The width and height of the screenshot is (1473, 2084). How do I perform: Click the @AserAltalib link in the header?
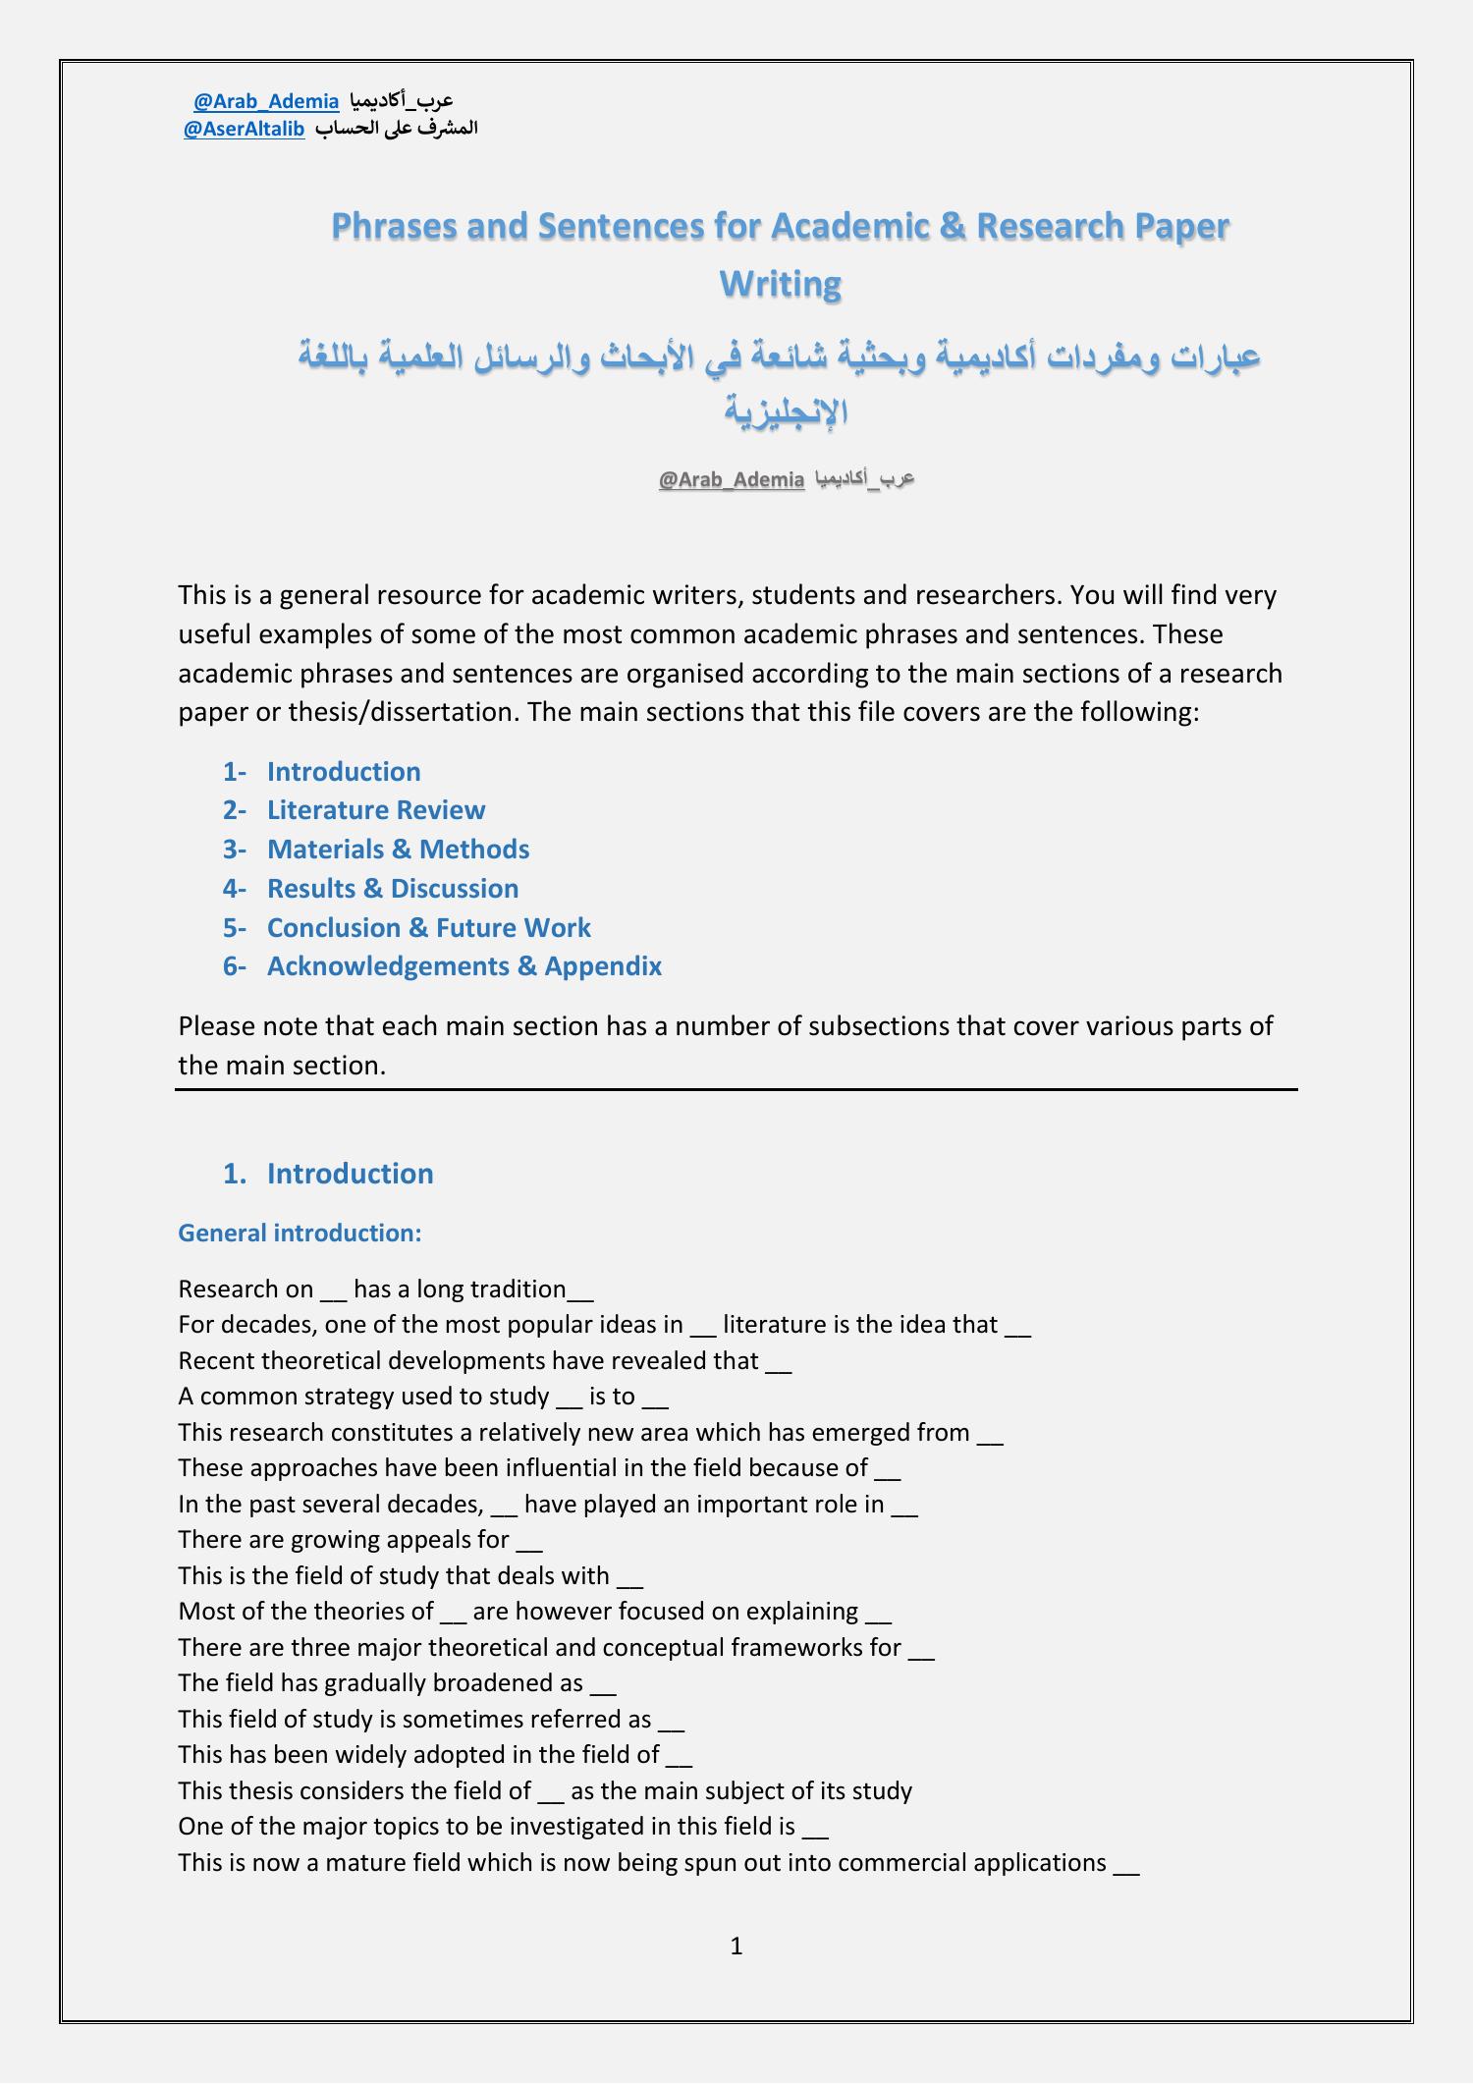(x=244, y=129)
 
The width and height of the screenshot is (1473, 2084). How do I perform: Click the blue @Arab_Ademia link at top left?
(x=266, y=101)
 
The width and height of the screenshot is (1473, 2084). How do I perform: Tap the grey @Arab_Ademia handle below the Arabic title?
(x=732, y=479)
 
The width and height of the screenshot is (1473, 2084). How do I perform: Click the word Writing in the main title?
(x=781, y=284)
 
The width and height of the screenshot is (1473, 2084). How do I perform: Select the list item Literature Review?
(x=376, y=810)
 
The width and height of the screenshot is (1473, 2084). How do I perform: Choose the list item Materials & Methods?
(x=398, y=850)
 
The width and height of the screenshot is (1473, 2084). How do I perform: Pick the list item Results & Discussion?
(x=393, y=889)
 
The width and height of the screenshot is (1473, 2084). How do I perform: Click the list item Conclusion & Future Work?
(x=429, y=928)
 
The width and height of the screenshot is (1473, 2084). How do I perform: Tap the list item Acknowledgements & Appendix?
(x=464, y=966)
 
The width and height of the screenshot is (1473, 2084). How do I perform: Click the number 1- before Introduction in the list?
(x=234, y=772)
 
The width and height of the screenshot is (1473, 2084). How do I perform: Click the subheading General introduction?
(x=300, y=1234)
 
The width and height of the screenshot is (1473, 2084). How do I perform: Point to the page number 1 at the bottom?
(x=736, y=1946)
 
